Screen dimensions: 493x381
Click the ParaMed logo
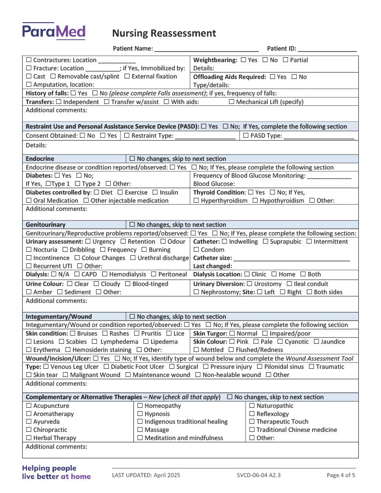53,31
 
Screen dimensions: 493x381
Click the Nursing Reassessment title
164,33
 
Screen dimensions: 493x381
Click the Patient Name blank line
206,49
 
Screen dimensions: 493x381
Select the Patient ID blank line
327,49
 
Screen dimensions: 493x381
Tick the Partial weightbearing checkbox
286,60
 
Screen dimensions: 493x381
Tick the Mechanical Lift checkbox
232,102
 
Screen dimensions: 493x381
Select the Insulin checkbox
155,193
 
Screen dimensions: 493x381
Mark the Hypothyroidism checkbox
255,201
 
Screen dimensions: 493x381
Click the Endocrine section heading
40,159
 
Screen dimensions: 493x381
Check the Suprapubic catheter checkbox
265,242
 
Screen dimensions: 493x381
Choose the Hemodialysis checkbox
105,274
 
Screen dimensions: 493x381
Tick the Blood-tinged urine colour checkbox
128,284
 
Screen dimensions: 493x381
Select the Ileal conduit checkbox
289,284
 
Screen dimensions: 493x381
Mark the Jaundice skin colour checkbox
316,342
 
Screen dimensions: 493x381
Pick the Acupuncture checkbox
29,406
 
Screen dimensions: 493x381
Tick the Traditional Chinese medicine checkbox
252,430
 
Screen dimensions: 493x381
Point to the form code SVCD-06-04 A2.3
259,475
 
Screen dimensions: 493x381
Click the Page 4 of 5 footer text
341,475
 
